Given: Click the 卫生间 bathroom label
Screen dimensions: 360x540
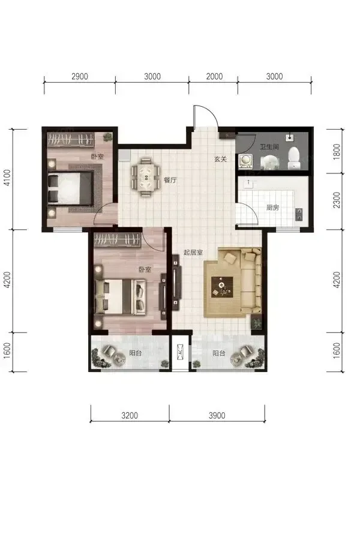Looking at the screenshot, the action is click(x=269, y=147).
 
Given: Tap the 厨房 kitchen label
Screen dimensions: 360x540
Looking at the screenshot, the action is click(x=272, y=208).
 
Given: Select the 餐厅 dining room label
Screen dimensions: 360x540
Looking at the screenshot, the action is click(x=170, y=180).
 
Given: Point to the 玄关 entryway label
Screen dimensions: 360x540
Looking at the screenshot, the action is click(x=220, y=159).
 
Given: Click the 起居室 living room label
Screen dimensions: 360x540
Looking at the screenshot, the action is click(x=193, y=253).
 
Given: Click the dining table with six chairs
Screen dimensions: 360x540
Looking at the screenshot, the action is click(x=145, y=177).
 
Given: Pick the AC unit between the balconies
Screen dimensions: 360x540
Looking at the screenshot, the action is click(x=180, y=352).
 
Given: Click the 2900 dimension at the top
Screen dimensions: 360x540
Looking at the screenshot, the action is click(x=80, y=76).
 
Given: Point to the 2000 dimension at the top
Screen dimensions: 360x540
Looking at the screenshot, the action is click(x=214, y=76).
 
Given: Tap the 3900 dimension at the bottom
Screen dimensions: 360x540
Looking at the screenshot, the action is click(x=217, y=415).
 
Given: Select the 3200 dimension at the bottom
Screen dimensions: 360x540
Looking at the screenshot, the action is click(x=130, y=415).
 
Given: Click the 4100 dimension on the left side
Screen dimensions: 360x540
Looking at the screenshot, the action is click(x=7, y=178).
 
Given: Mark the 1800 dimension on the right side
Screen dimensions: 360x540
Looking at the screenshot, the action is click(x=337, y=152).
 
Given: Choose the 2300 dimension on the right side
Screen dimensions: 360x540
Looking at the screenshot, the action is click(x=337, y=200).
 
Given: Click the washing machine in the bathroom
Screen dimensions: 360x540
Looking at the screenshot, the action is click(x=245, y=161).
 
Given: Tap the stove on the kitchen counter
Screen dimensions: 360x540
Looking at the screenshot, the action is click(x=299, y=215).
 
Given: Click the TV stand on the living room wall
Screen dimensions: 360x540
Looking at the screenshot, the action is click(x=177, y=280).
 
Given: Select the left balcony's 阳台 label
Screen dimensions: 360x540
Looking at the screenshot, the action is click(x=136, y=353).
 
